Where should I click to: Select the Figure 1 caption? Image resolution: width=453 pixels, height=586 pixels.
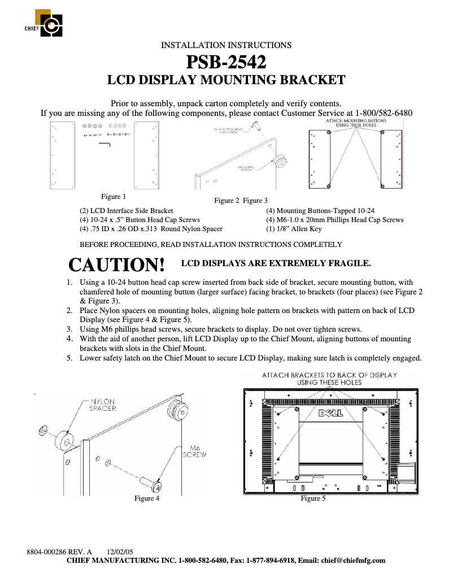pyautogui.click(x=114, y=197)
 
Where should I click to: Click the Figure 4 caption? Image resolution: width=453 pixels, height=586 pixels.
pyautogui.click(x=146, y=498)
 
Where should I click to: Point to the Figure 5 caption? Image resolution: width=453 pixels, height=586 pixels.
pyautogui.click(x=313, y=498)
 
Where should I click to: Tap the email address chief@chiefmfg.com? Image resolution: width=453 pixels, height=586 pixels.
pyautogui.click(x=353, y=561)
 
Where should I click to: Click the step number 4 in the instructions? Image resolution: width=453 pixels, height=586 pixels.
pyautogui.click(x=69, y=338)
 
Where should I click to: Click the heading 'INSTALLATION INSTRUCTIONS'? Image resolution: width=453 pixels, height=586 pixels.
pyautogui.click(x=226, y=45)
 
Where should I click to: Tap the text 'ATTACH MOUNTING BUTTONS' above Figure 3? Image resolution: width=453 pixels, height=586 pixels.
pyautogui.click(x=356, y=121)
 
